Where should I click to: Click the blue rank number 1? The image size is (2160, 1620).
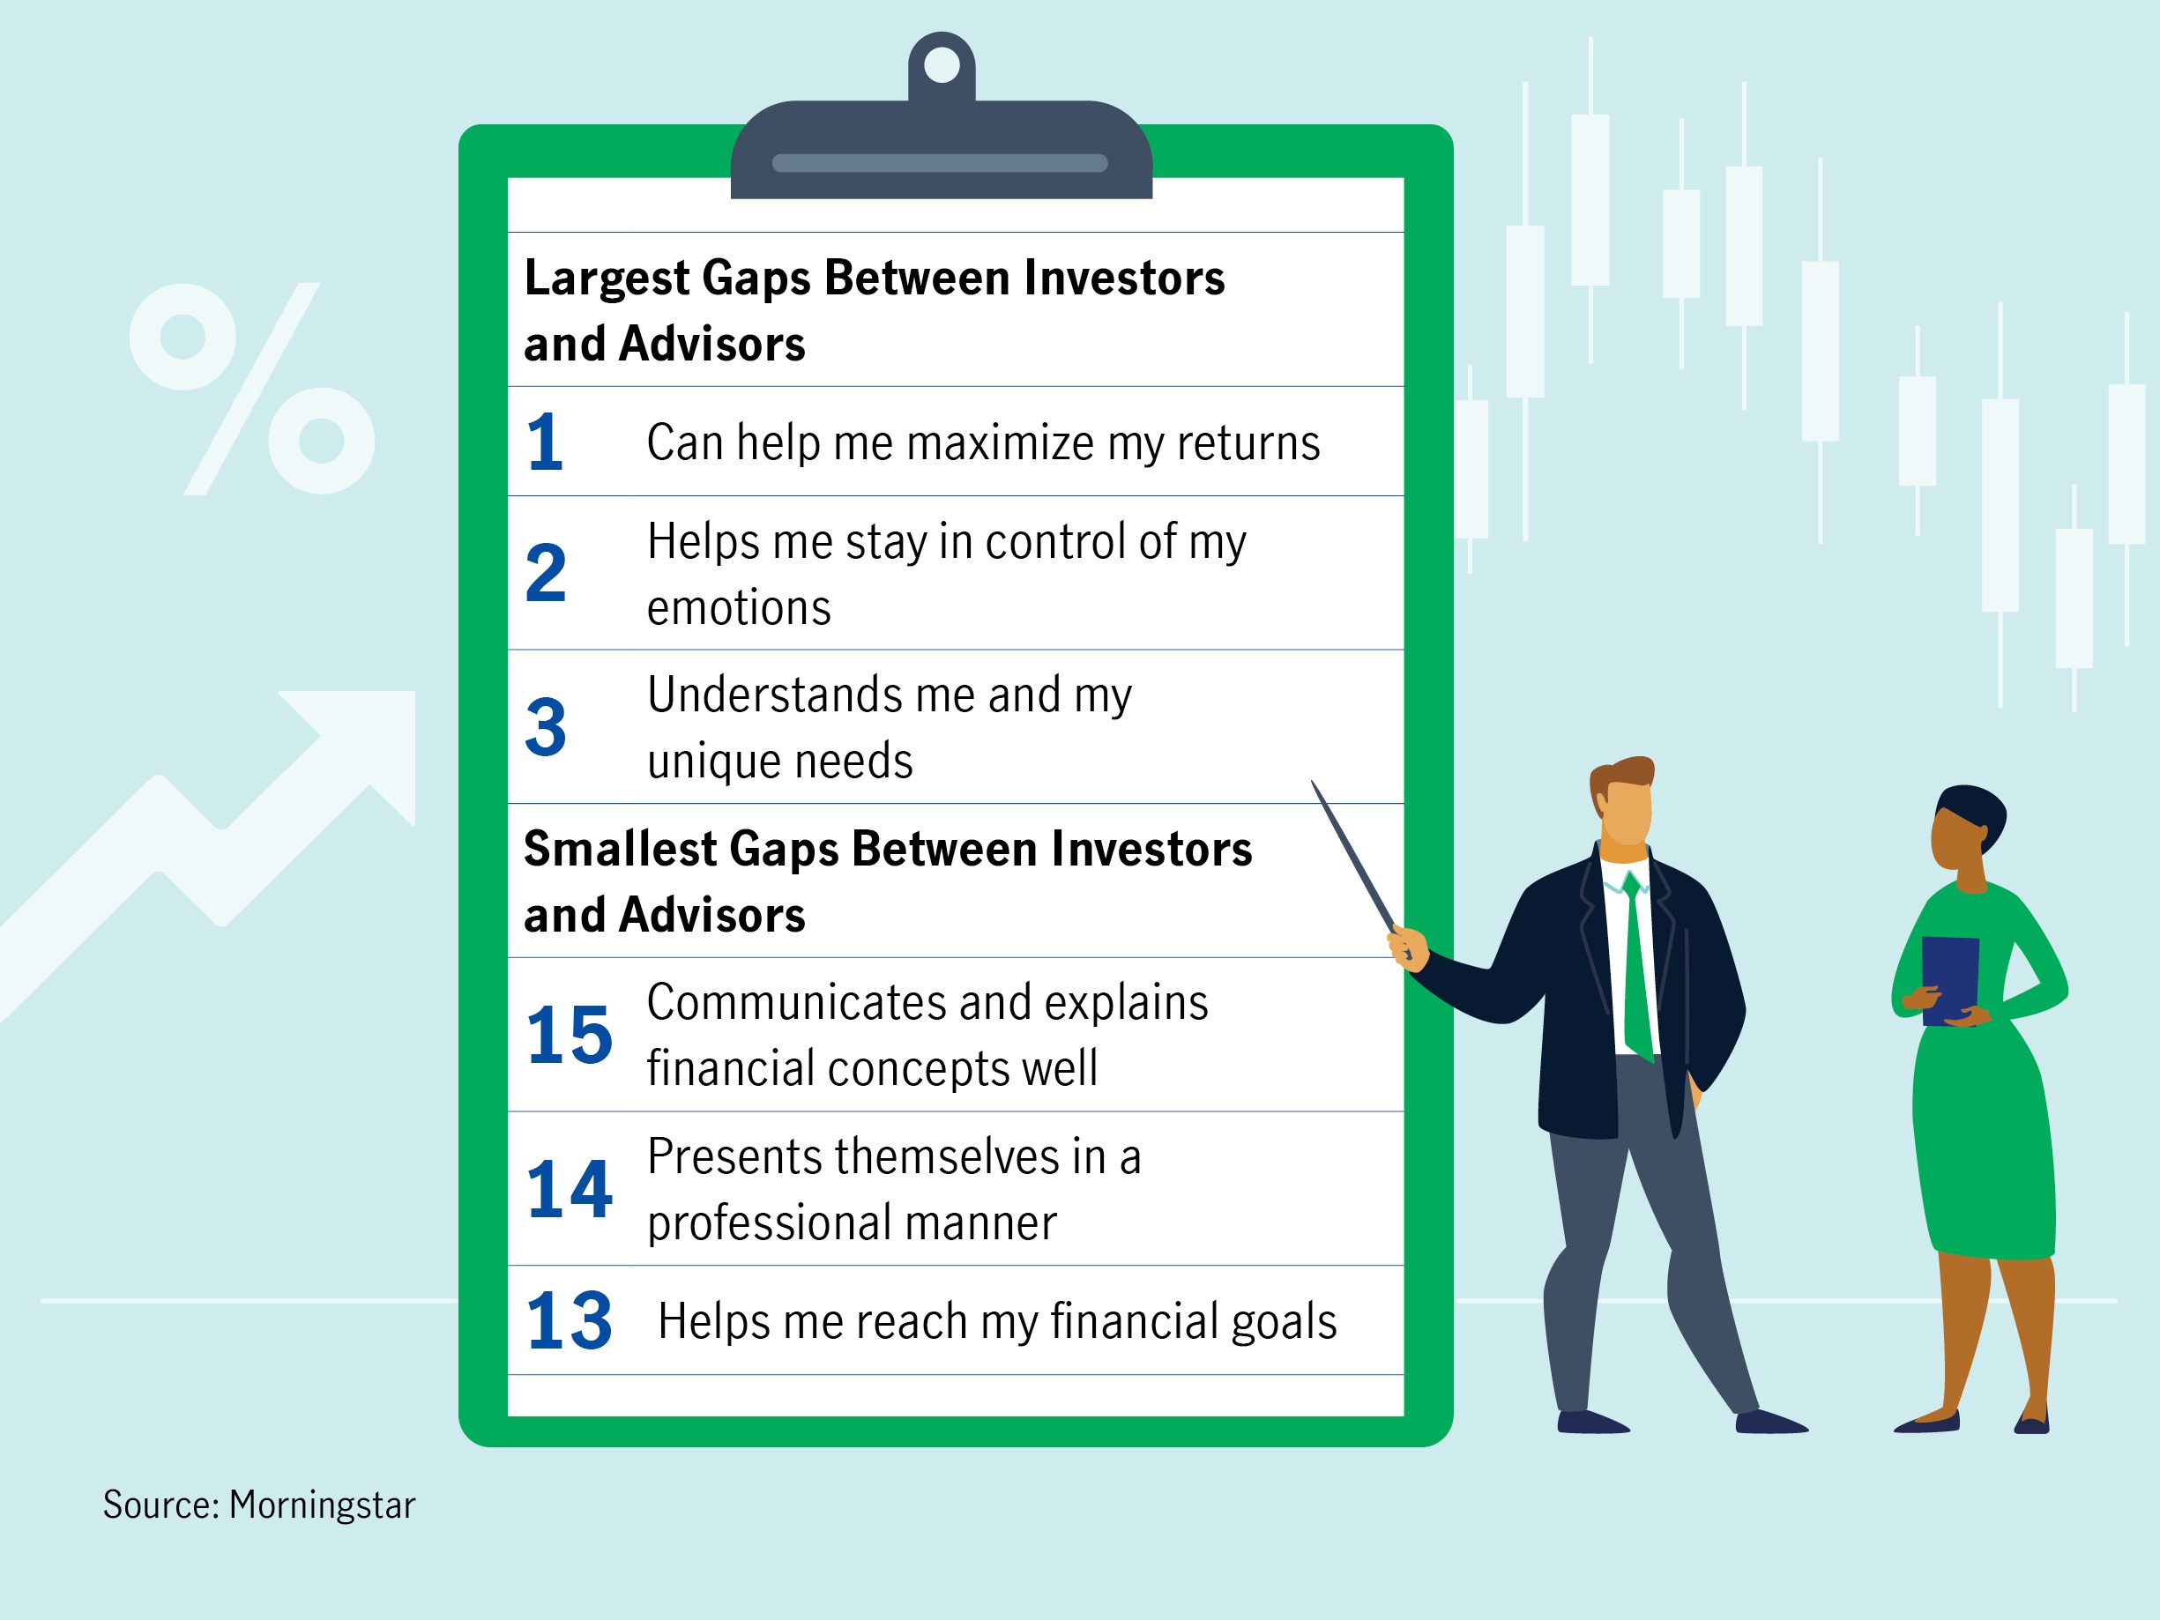pyautogui.click(x=545, y=442)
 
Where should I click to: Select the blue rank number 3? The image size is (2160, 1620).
pyautogui.click(x=546, y=726)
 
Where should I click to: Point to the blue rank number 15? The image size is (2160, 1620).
pyautogui.click(x=570, y=1034)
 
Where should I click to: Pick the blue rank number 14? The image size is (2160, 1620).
pyautogui.click(x=570, y=1188)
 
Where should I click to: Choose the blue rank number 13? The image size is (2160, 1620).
pyautogui.click(x=570, y=1320)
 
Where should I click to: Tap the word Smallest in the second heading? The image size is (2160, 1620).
pyautogui.click(x=619, y=848)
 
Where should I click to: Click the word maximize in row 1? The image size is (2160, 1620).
pyautogui.click(x=1000, y=442)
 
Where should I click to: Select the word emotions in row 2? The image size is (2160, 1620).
pyautogui.click(x=739, y=608)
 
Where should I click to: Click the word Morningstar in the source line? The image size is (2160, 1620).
pyautogui.click(x=323, y=1505)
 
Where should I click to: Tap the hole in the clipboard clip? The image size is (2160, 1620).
pyautogui.click(x=942, y=64)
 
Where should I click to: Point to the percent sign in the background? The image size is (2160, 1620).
pyautogui.click(x=252, y=389)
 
